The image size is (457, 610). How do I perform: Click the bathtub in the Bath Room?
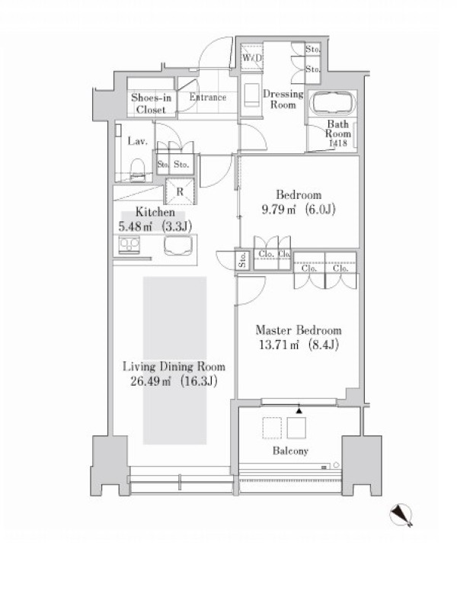click(x=333, y=103)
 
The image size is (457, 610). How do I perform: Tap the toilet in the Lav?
click(x=137, y=170)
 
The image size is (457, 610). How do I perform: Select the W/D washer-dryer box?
click(x=252, y=58)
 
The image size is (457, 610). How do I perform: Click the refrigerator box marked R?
click(x=180, y=191)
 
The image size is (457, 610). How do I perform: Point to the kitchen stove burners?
click(x=129, y=245)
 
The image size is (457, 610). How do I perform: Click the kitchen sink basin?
click(x=178, y=246)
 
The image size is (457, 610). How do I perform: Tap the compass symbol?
click(x=401, y=515)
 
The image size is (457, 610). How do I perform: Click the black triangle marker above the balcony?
click(x=299, y=410)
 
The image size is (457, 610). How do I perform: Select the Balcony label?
click(x=290, y=451)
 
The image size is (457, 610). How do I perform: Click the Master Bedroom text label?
click(x=299, y=330)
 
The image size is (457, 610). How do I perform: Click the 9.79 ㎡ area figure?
click(x=279, y=210)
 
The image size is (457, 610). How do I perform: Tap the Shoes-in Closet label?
click(x=151, y=104)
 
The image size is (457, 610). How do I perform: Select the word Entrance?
click(x=208, y=97)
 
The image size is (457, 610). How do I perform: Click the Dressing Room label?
click(x=283, y=99)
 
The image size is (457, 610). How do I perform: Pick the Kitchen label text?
click(x=155, y=213)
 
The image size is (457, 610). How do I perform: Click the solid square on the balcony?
click(x=296, y=428)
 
